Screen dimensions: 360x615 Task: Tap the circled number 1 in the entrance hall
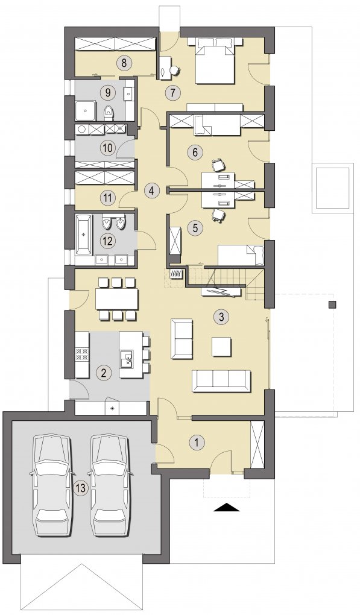point(197,443)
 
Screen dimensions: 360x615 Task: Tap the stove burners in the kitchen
point(82,355)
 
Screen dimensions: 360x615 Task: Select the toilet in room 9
point(108,113)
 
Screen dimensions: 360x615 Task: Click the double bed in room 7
point(215,61)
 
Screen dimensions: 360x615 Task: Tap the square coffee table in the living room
point(221,346)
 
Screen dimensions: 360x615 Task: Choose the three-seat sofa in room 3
point(221,380)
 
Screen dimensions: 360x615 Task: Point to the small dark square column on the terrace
point(332,304)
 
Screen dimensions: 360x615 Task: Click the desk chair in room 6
point(218,165)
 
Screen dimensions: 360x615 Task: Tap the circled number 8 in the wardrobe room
point(124,63)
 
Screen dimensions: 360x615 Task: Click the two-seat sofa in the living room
point(182,339)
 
